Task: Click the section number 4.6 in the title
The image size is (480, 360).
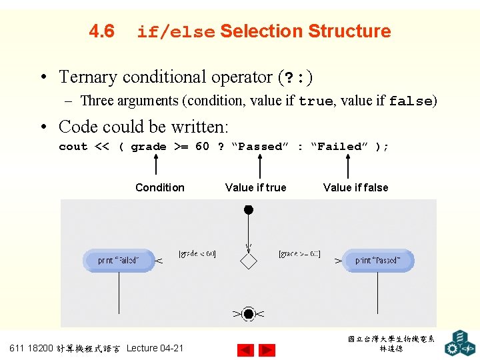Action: click(x=101, y=31)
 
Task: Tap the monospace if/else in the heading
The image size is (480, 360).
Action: click(x=175, y=32)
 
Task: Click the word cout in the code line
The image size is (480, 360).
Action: click(x=73, y=147)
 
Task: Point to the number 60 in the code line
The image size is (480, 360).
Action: click(x=202, y=146)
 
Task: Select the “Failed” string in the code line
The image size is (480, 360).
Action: click(x=339, y=147)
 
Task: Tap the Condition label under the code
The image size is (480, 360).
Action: click(x=160, y=187)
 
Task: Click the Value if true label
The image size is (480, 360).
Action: click(x=256, y=187)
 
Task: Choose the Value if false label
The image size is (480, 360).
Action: click(x=355, y=187)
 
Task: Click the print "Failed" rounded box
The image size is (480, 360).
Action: click(x=119, y=260)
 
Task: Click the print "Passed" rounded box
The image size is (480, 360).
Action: click(x=378, y=260)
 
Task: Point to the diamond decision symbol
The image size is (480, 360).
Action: click(x=249, y=260)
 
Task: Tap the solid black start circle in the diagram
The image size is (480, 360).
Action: click(x=249, y=210)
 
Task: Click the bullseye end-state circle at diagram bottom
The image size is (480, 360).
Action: click(x=249, y=313)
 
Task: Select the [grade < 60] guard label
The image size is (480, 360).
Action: click(x=197, y=253)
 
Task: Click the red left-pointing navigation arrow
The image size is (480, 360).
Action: click(x=245, y=350)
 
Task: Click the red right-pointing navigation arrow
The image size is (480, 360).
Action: click(x=267, y=350)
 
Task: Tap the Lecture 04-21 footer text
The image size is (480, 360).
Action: click(x=155, y=348)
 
